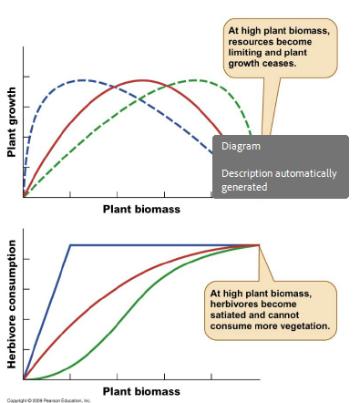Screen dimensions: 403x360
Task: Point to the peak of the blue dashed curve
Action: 84,80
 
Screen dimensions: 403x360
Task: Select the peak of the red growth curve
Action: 143,80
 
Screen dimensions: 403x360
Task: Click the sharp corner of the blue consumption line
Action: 70,244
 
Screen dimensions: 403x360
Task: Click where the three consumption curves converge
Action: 260,244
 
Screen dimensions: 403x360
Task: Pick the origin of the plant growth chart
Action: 24,196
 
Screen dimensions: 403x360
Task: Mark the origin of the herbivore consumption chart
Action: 24,378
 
